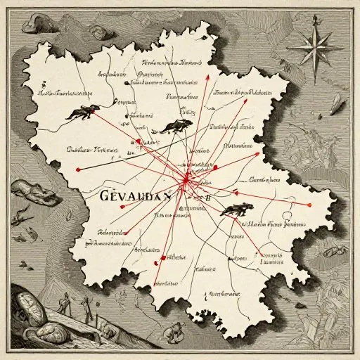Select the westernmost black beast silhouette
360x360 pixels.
(83, 111)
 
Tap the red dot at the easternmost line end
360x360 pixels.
(309, 204)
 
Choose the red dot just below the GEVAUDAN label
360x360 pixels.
(122, 207)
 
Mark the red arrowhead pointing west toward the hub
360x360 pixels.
(235, 190)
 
